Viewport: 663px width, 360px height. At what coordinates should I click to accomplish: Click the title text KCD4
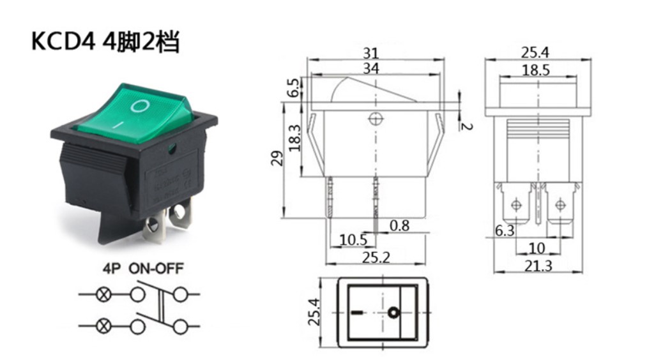[x=63, y=42]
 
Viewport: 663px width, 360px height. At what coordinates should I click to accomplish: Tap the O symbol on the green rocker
[x=139, y=105]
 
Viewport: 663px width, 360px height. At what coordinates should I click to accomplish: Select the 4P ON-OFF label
[x=142, y=269]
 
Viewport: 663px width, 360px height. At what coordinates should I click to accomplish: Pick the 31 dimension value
[x=375, y=53]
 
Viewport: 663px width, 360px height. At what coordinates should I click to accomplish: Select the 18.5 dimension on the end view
[x=535, y=70]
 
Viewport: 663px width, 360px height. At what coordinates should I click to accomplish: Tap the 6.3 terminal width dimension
[x=505, y=232]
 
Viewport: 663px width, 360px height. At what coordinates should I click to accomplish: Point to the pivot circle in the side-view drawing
[x=375, y=119]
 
